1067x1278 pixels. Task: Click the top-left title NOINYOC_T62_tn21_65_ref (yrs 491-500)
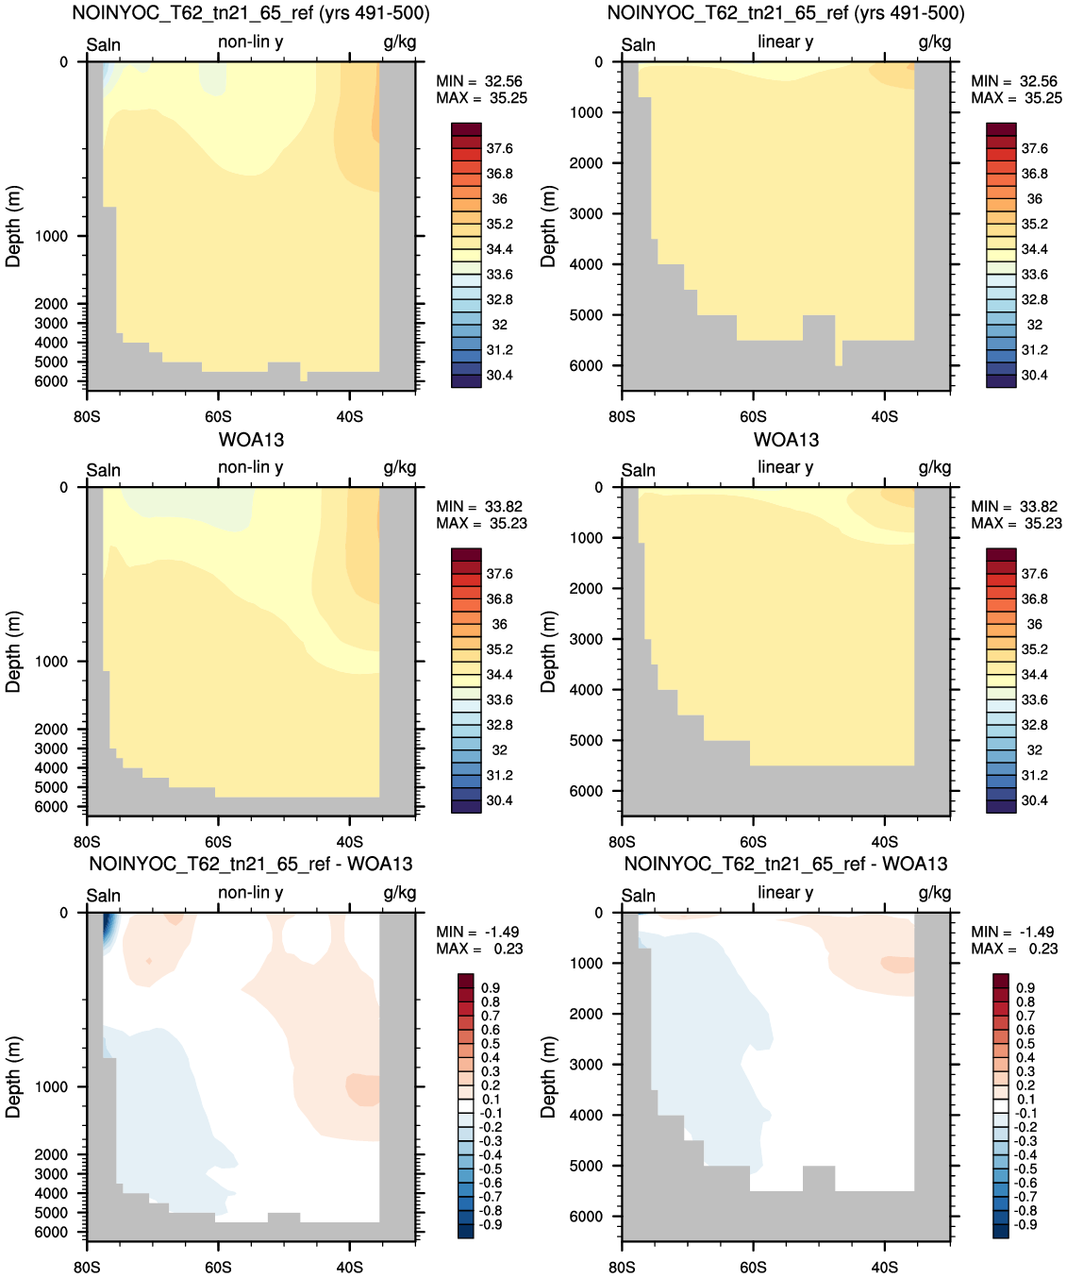point(251,13)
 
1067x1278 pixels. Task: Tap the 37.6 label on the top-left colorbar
point(499,149)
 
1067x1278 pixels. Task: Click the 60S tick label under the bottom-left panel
point(218,1267)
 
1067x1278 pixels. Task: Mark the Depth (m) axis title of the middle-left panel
point(13,652)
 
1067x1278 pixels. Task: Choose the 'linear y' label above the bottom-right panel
point(785,893)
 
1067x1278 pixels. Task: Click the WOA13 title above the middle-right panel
point(786,440)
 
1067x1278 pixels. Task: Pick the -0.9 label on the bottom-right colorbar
point(1025,1225)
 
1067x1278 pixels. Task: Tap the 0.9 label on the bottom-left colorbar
point(490,987)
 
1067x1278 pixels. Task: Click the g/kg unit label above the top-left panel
point(399,42)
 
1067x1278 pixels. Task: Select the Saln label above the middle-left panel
point(104,470)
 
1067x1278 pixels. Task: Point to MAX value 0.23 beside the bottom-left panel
point(509,949)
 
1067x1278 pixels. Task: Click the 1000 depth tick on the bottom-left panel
point(51,1087)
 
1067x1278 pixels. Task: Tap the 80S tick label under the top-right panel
point(622,416)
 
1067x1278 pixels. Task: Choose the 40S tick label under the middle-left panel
point(349,842)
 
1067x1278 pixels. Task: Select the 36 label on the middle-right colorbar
point(1034,624)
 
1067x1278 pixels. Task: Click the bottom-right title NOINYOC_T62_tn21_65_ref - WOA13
point(786,864)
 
